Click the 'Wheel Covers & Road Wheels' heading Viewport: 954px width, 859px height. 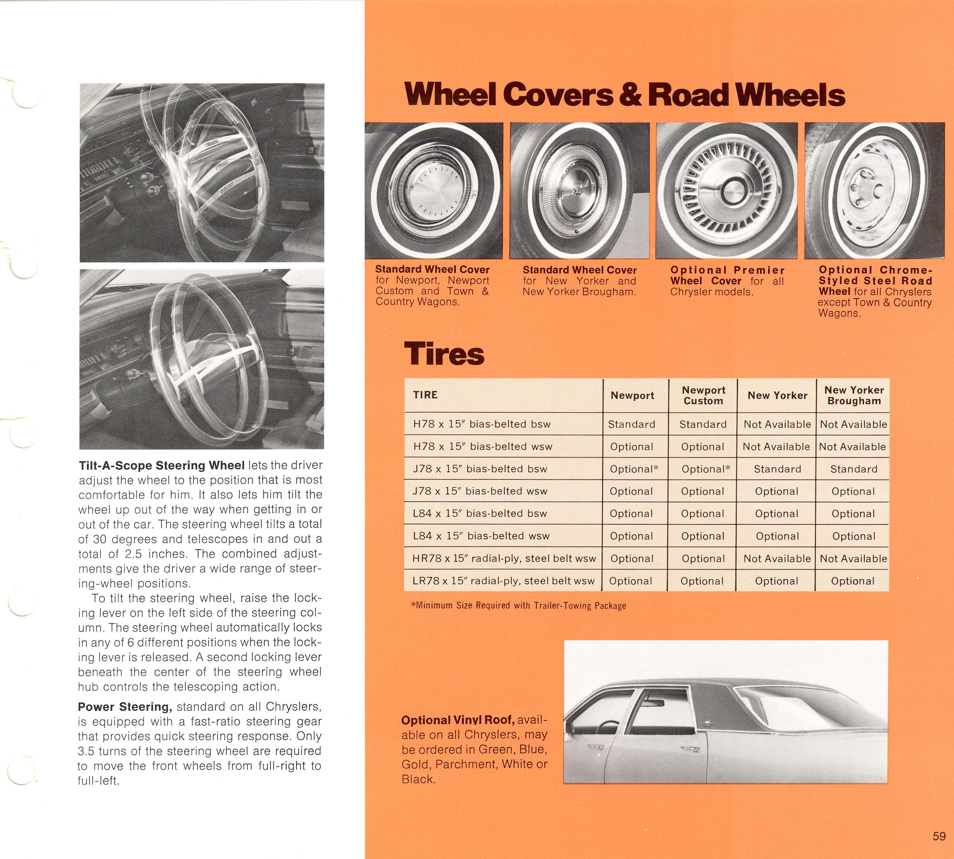[x=625, y=94]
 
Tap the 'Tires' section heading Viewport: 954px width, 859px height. [x=444, y=354]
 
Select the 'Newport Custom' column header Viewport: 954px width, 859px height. [x=703, y=396]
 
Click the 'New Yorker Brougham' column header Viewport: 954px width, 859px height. [x=854, y=396]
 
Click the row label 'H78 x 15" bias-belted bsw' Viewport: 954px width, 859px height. [x=482, y=424]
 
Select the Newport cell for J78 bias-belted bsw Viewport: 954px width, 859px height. [x=634, y=469]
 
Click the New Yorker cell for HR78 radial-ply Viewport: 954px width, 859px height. [x=777, y=559]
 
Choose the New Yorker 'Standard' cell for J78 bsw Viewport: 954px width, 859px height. [x=777, y=469]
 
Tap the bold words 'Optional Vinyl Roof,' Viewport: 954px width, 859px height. [x=457, y=720]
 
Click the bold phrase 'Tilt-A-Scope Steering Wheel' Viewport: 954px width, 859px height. [x=161, y=465]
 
